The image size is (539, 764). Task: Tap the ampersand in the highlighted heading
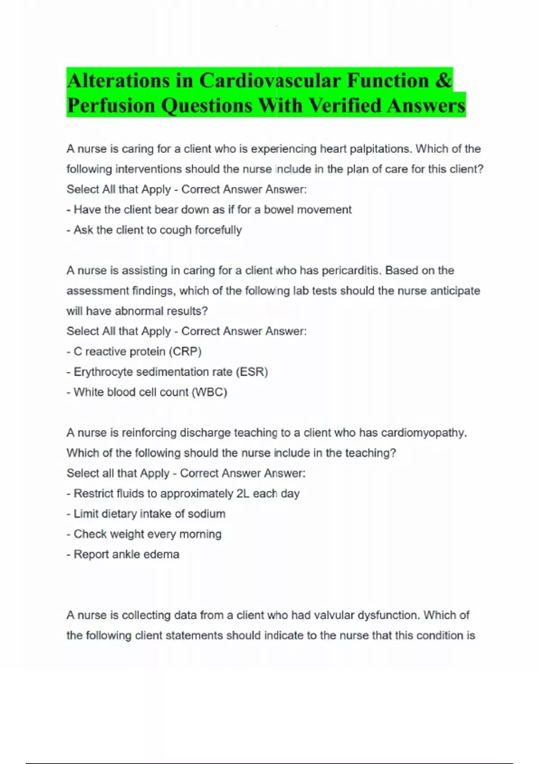coord(443,81)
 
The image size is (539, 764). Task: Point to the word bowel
coord(278,209)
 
